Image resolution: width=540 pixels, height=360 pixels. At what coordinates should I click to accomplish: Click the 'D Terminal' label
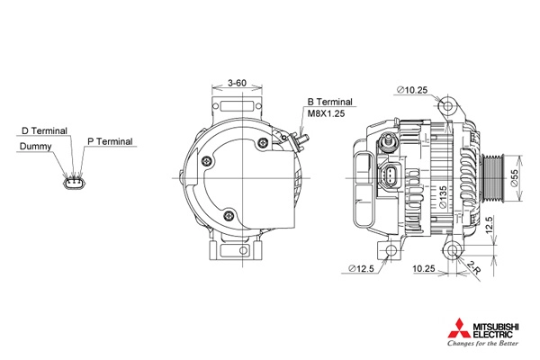44,130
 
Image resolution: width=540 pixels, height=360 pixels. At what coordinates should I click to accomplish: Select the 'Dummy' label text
35,147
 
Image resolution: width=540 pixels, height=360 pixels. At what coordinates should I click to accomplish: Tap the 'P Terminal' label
110,141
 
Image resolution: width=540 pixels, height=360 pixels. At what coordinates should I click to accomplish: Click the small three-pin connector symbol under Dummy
74,182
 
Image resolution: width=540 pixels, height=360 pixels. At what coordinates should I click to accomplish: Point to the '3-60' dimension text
237,83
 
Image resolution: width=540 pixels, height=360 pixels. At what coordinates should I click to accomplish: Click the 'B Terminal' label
330,102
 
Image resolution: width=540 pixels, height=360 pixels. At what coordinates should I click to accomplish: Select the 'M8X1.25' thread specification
326,113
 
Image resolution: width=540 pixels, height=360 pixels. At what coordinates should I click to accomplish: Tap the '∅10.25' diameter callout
412,90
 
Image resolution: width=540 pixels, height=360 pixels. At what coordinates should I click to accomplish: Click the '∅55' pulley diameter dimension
515,178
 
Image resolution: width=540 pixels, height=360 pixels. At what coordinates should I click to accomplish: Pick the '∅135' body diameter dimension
443,197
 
